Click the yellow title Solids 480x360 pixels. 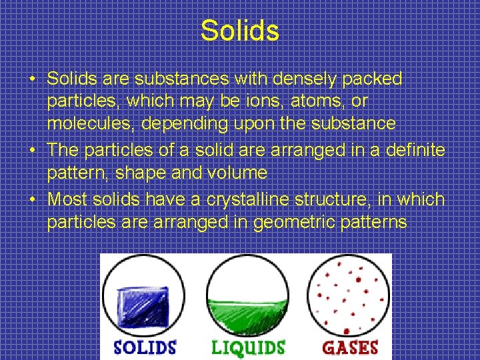click(240, 30)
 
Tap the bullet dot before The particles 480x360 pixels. click(33, 151)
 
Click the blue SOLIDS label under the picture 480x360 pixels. click(145, 347)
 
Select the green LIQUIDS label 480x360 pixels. click(248, 347)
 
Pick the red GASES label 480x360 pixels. click(351, 347)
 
